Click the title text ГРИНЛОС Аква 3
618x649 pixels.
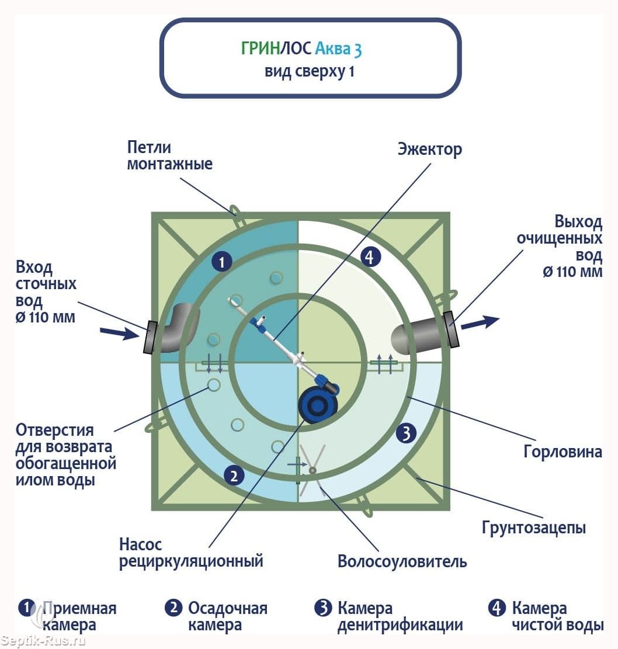[x=301, y=48]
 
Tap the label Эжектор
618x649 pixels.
[x=429, y=149]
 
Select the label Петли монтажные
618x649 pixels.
[x=169, y=155]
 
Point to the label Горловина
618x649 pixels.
[x=563, y=452]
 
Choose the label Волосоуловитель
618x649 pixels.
[x=402, y=562]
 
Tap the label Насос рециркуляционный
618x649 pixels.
[x=191, y=553]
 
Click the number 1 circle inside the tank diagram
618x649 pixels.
[x=221, y=262]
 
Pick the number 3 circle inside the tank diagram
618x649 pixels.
[x=406, y=433]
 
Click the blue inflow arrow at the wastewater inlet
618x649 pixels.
[x=120, y=333]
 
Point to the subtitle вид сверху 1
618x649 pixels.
[x=309, y=72]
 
